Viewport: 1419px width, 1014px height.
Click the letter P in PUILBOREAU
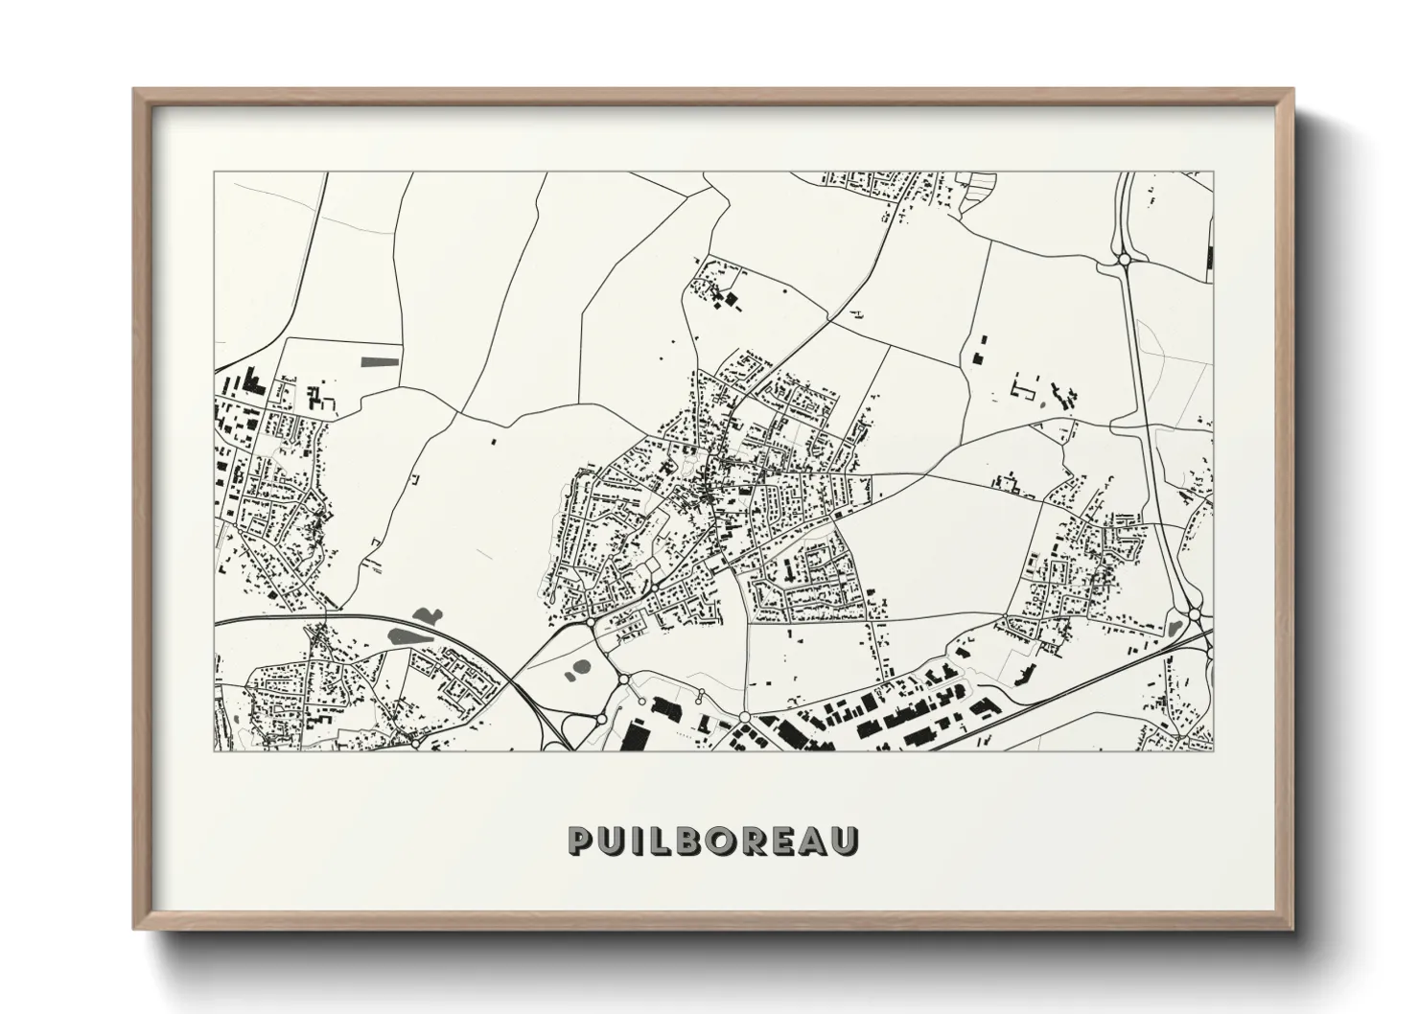pyautogui.click(x=583, y=840)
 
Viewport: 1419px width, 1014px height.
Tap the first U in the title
pyautogui.click(x=618, y=840)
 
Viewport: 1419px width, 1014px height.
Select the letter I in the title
pyautogui.click(x=645, y=840)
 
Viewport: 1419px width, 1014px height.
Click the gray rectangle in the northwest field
pyautogui.click(x=380, y=361)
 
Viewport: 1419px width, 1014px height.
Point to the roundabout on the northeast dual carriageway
pyautogui.click(x=1125, y=259)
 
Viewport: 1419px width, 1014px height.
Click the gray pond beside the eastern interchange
pyautogui.click(x=1175, y=628)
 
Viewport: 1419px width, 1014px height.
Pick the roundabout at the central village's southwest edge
pyautogui.click(x=588, y=623)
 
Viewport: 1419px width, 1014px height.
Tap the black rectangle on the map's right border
pyautogui.click(x=1210, y=257)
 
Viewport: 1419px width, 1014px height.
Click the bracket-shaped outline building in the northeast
pyautogui.click(x=1025, y=390)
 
